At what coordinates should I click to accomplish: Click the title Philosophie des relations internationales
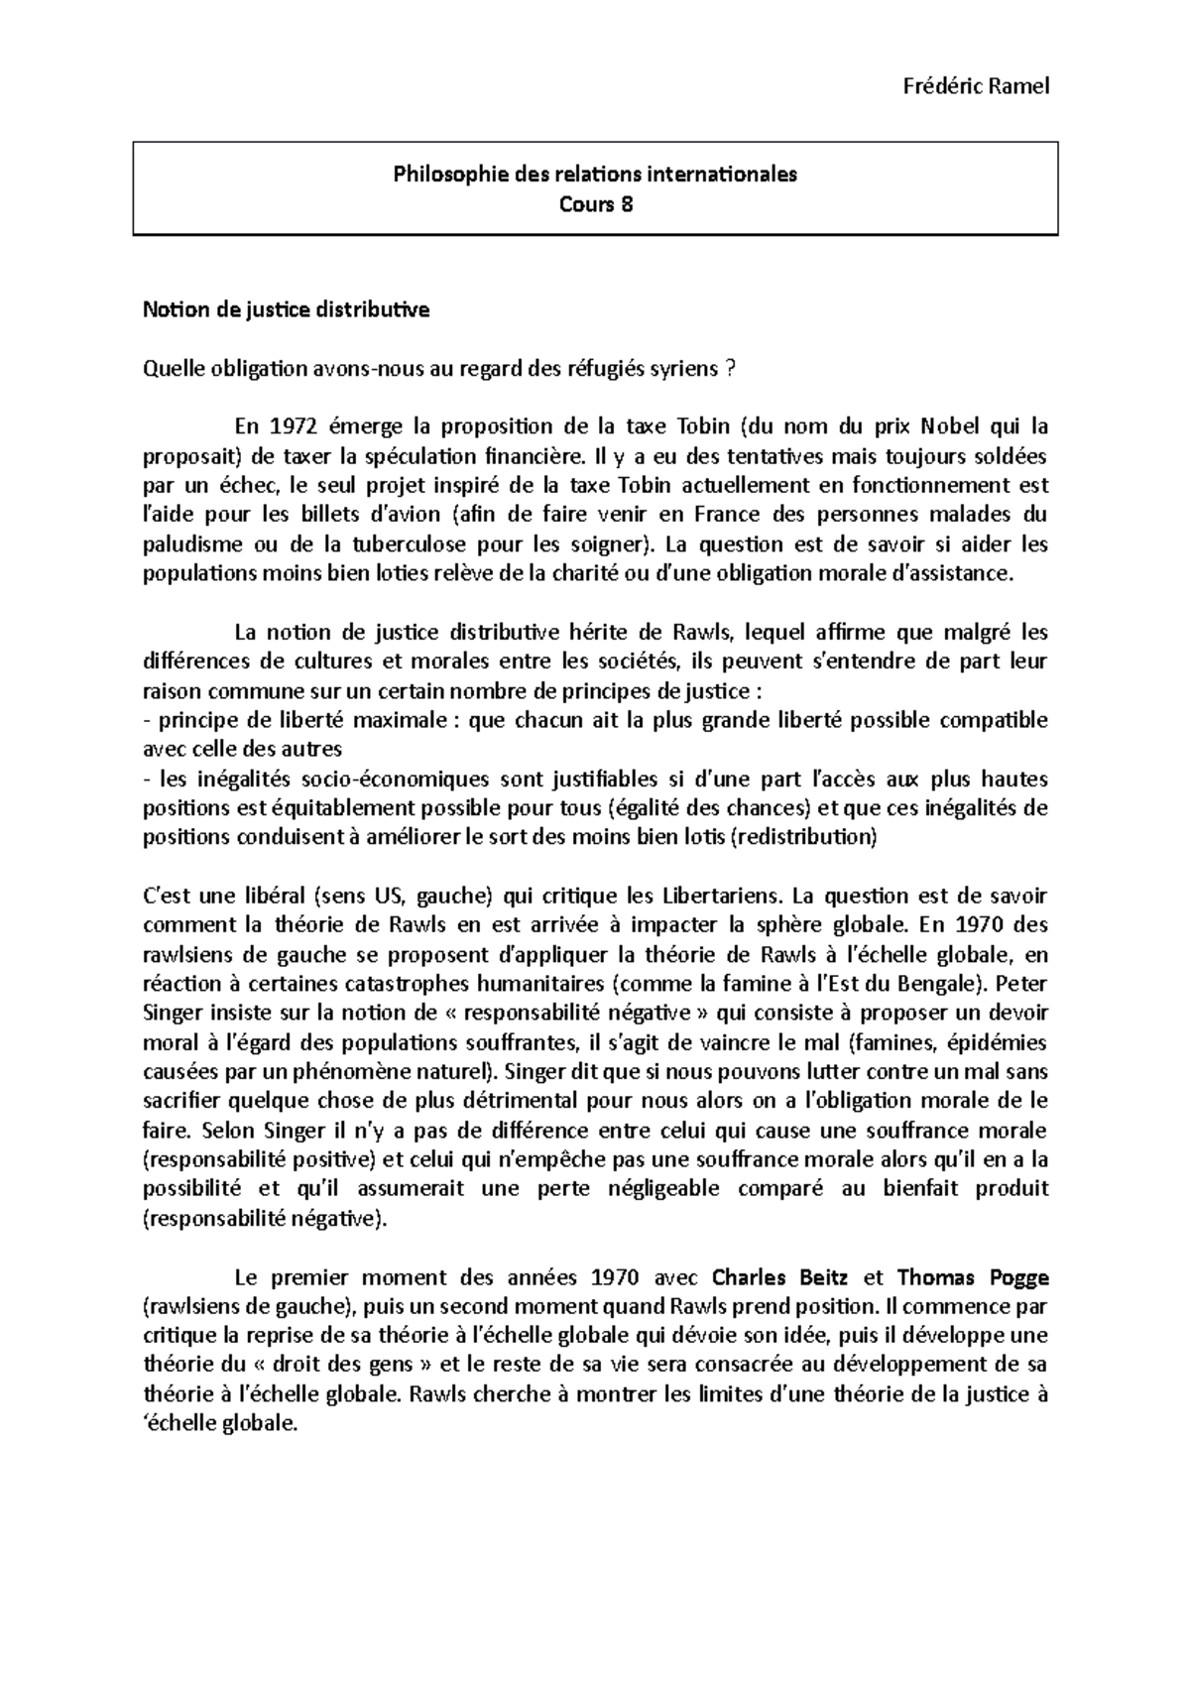click(595, 175)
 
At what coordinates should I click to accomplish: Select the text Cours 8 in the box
click(595, 204)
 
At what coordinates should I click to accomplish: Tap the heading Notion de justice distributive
click(287, 310)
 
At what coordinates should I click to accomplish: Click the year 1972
click(295, 427)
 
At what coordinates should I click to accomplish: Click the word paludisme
click(190, 544)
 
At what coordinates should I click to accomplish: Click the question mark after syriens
click(731, 369)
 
